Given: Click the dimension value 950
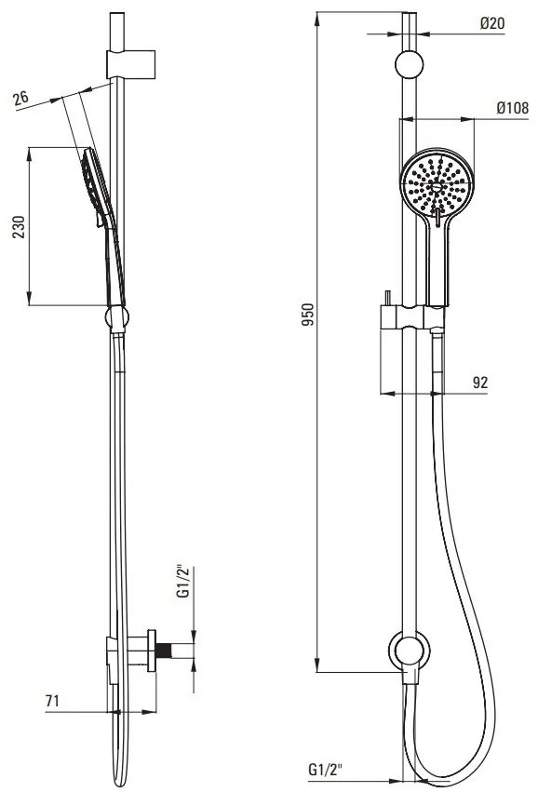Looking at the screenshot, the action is pyautogui.click(x=308, y=315).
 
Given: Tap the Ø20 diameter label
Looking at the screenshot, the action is pyautogui.click(x=492, y=23).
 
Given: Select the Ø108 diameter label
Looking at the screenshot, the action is pyautogui.click(x=512, y=108).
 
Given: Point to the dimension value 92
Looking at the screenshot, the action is pyautogui.click(x=480, y=383).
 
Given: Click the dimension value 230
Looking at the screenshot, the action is pyautogui.click(x=19, y=227).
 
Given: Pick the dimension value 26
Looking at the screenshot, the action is pyautogui.click(x=21, y=98).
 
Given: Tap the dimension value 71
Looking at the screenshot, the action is pyautogui.click(x=53, y=701).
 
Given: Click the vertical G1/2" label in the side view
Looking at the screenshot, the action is pyautogui.click(x=184, y=583).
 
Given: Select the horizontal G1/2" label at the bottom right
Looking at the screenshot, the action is pyautogui.click(x=326, y=770).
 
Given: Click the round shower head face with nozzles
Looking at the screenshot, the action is pyautogui.click(x=437, y=184).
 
